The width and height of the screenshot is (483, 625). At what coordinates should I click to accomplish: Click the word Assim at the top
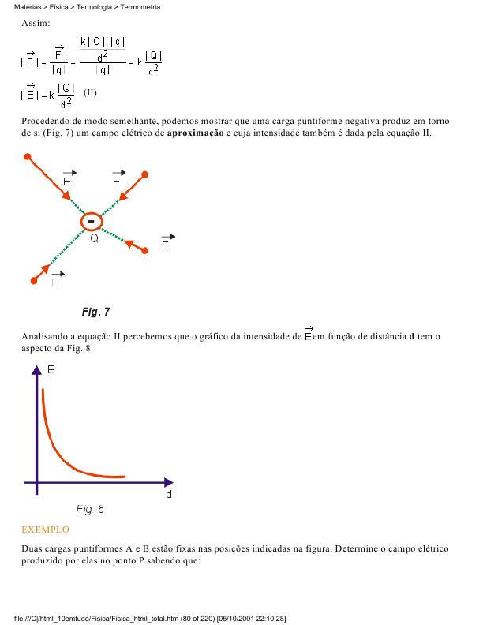coord(36,24)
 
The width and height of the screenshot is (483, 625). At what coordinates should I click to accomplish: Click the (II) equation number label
coord(90,92)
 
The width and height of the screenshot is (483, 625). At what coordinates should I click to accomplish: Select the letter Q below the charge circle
coord(94,238)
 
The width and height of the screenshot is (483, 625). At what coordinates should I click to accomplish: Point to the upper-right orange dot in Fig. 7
coord(145,173)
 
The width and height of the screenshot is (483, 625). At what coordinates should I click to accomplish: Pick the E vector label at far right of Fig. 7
coord(166,244)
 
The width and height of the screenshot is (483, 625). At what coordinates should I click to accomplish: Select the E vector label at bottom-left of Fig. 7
coord(56,280)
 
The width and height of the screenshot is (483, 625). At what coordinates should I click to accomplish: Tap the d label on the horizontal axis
coord(169,496)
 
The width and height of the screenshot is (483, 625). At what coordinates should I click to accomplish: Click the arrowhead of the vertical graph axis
coord(36,376)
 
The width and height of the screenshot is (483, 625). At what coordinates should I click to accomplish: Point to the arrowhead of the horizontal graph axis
coord(168,481)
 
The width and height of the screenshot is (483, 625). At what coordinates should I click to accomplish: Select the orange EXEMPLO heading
coord(45,530)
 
